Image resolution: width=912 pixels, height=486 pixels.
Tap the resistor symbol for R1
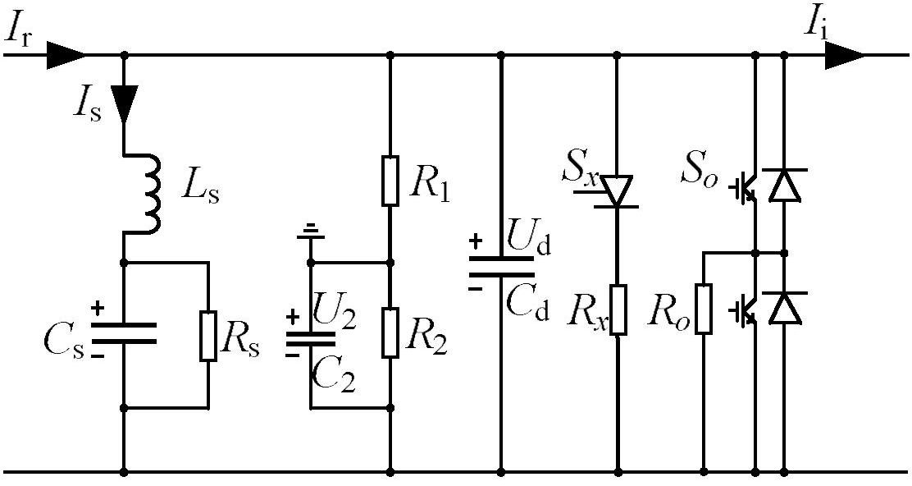[x=390, y=181]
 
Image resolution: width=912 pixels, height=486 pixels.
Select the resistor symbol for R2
[x=390, y=333]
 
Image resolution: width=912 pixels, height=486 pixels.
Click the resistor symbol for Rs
[x=208, y=336]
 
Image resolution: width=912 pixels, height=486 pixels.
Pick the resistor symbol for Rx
[x=618, y=309]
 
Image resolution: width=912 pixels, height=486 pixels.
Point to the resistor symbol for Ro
[x=704, y=309]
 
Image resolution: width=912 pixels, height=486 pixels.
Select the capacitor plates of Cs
[x=123, y=333]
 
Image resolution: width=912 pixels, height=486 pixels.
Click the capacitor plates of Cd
[x=501, y=265]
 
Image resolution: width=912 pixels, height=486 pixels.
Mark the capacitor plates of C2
[x=310, y=339]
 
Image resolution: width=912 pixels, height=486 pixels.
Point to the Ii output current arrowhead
[x=844, y=56]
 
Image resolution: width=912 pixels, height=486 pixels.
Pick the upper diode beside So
[x=784, y=185]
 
